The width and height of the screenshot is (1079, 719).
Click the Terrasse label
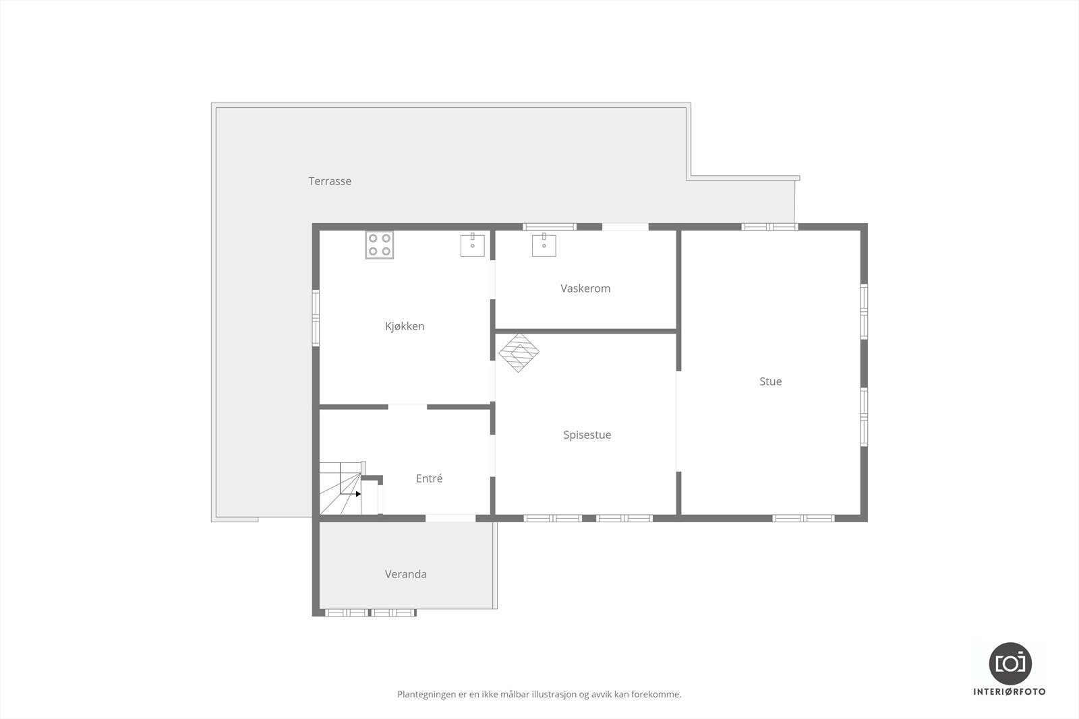(x=330, y=181)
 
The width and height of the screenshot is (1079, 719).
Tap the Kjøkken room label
(x=405, y=326)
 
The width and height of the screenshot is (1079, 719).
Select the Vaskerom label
(x=585, y=288)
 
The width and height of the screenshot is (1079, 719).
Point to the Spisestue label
(x=587, y=435)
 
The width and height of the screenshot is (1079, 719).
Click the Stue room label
(x=770, y=381)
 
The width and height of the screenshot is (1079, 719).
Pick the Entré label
(x=429, y=478)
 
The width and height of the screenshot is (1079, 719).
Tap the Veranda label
(x=405, y=574)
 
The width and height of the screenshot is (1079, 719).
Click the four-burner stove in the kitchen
(x=380, y=245)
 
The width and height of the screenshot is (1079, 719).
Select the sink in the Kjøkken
(x=472, y=245)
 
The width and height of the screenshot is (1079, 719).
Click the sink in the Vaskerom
(x=544, y=245)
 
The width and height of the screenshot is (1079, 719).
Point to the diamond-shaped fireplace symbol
(x=519, y=352)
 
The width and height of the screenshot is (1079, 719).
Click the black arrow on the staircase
(x=358, y=494)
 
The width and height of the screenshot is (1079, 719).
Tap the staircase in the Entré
(x=341, y=489)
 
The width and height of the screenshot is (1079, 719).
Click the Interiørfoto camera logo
(x=1010, y=663)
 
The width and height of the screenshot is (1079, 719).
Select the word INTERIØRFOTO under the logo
(x=1010, y=692)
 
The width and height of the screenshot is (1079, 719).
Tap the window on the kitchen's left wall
(x=316, y=317)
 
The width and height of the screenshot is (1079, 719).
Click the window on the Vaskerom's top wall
(x=550, y=227)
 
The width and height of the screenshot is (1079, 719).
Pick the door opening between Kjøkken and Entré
(x=407, y=407)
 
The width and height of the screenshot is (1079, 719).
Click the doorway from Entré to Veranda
(x=450, y=518)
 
